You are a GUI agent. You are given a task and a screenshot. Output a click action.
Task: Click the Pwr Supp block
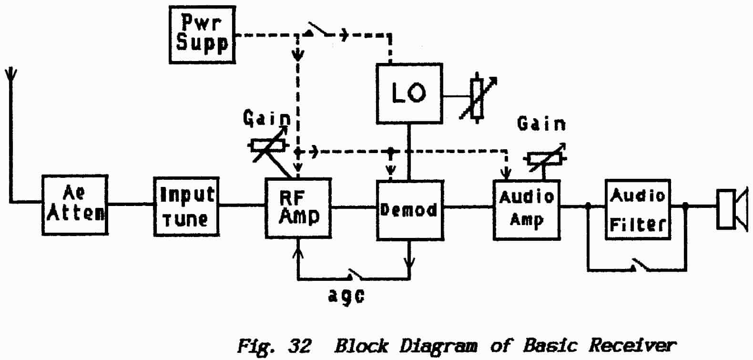202,35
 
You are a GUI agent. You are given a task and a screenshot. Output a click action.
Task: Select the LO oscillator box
409,93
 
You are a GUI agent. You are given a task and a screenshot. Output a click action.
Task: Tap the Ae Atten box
75,205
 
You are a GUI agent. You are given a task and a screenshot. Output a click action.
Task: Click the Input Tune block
186,206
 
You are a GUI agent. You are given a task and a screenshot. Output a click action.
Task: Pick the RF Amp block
298,208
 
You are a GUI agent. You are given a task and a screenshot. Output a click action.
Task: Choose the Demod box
410,210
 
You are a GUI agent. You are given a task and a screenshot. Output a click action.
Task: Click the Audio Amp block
526,209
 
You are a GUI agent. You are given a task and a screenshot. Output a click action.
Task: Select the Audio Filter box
638,209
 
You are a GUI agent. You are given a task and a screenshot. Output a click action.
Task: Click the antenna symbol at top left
10,76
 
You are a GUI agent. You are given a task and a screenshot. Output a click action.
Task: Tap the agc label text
346,295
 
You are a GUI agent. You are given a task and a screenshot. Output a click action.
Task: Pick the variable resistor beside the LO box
478,98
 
